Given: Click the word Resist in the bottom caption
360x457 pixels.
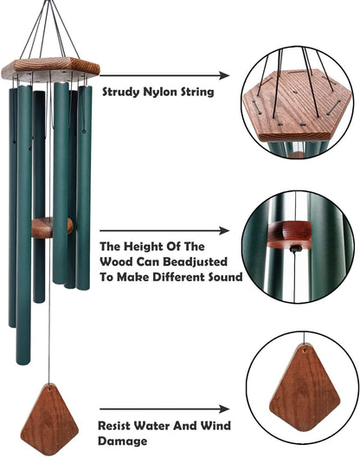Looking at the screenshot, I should [119, 426].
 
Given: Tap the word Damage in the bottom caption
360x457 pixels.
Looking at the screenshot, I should [118, 441].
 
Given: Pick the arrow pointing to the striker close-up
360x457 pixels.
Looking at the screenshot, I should [173, 231].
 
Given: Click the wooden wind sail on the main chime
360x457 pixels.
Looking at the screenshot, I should [48, 418].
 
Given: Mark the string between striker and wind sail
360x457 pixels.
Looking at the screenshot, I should [49, 312].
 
